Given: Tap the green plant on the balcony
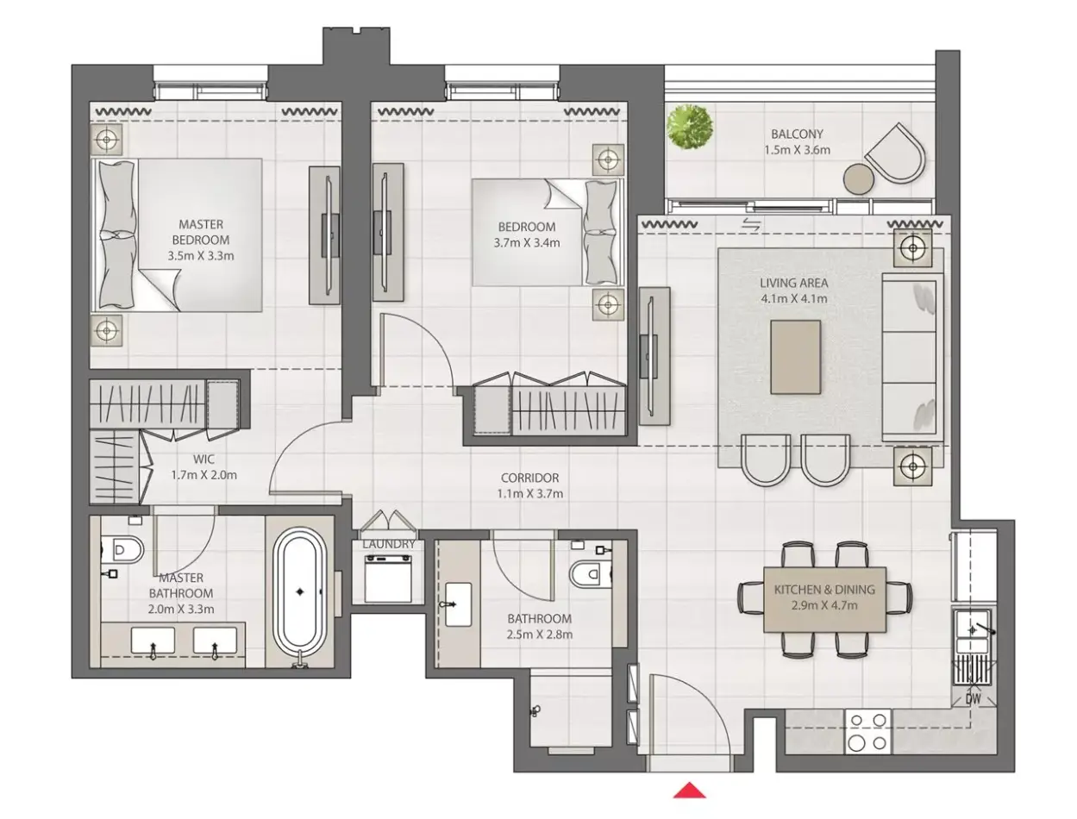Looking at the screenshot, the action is coord(689,127).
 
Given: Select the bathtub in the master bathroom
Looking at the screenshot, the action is coord(299,597).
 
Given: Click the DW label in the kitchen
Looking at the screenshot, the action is coord(973,699).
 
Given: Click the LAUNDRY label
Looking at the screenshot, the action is coord(389,544).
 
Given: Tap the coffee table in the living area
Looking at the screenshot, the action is coord(795,357).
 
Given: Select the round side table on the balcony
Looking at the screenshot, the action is coord(859,178).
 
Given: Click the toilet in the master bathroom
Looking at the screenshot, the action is coord(122,550).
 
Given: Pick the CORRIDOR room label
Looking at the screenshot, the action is coord(529,478).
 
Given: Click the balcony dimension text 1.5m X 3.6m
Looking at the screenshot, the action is coord(797,150).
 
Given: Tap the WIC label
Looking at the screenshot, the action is coord(204,459).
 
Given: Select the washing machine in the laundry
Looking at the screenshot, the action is coord(388,578).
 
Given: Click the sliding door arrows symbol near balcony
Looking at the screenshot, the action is coord(751,225).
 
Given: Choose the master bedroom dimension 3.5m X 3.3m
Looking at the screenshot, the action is coord(201,255).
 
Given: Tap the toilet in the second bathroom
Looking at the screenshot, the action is coord(591,573).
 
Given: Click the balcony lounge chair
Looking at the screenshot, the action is coord(895,153).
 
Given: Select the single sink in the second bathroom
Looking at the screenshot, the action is coord(457,604).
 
